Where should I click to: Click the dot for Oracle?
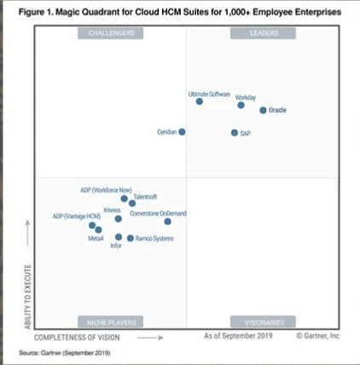263,110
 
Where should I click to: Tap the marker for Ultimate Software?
200,101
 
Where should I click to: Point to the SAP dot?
234,133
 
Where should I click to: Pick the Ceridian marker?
182,132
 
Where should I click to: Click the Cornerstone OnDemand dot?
167,222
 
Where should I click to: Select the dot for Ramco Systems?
130,239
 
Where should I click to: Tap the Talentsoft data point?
132,204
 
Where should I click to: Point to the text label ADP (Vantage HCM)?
76,217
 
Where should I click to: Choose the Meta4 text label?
96,239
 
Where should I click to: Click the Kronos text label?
112,209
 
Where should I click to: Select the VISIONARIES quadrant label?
261,322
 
